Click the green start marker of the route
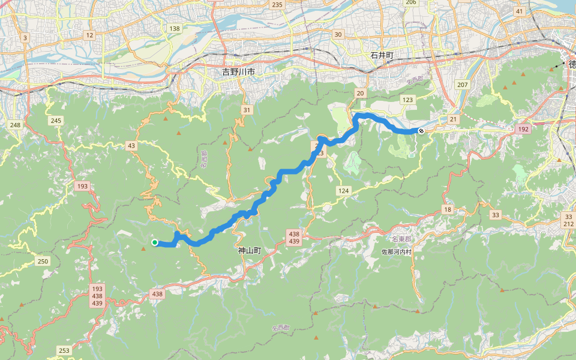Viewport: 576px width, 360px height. [x=155, y=242]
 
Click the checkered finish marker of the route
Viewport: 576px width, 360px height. [x=421, y=130]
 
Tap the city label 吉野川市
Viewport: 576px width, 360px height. [x=238, y=71]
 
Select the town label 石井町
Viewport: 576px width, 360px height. [x=382, y=55]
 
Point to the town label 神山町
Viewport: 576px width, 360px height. [x=250, y=250]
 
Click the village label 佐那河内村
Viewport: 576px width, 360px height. [x=397, y=252]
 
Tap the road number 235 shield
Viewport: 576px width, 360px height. [x=277, y=5]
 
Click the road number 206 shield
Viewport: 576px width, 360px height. [x=410, y=2]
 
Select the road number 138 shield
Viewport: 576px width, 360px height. [x=175, y=29]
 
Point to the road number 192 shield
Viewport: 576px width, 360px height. [x=522, y=129]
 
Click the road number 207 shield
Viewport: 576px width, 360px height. [x=462, y=85]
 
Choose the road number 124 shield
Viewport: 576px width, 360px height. [x=343, y=191]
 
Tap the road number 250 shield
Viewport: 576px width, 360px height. [x=43, y=261]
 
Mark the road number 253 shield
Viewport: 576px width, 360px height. [x=65, y=350]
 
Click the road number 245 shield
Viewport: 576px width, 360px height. [x=56, y=121]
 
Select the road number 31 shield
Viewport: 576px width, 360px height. [x=247, y=110]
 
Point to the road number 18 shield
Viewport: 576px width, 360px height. [x=448, y=209]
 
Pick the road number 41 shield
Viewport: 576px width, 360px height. [x=519, y=11]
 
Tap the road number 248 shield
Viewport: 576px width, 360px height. [x=15, y=125]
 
